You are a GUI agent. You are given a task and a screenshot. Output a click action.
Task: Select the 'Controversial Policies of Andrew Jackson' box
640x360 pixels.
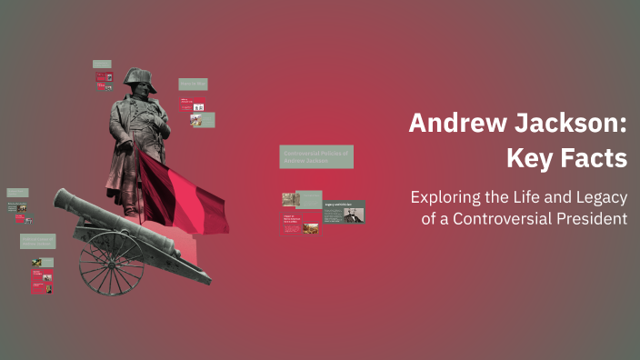click(x=316, y=156)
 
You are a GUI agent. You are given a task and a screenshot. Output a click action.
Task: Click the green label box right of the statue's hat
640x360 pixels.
click(x=193, y=84)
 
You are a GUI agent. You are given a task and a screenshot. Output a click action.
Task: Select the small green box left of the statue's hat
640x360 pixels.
click(x=102, y=65)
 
